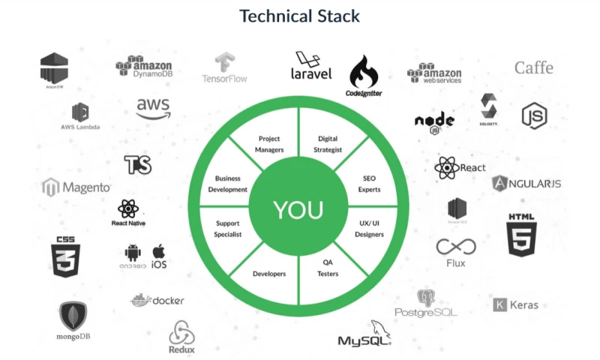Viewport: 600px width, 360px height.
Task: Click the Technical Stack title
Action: point(299,16)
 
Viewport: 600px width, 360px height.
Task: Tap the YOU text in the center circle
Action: point(299,210)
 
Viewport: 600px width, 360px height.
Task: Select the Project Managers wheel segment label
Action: point(269,144)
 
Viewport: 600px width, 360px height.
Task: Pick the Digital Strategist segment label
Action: point(329,144)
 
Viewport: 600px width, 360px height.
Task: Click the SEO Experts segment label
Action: point(369,184)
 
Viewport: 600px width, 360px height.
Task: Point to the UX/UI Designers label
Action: point(369,229)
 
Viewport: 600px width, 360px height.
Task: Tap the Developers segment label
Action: point(269,274)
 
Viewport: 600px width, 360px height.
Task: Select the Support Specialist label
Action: point(228,229)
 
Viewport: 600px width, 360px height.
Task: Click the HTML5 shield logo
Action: point(522,234)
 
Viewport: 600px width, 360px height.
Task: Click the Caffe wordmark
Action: point(533,67)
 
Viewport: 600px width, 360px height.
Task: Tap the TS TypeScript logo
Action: point(138,165)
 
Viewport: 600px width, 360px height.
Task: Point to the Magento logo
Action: point(76,187)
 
